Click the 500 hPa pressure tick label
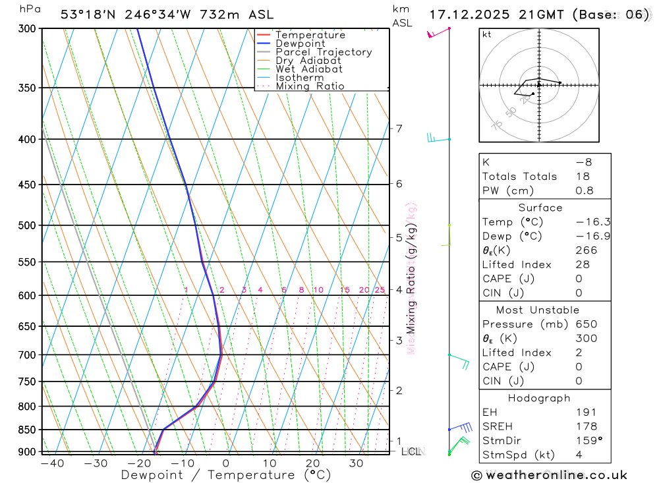click(26, 225)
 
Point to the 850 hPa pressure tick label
click(26, 430)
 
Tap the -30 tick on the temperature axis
click(96, 463)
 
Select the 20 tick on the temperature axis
click(313, 463)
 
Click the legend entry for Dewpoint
click(300, 43)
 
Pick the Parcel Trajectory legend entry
click(324, 52)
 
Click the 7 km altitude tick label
click(399, 128)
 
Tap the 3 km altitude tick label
click(399, 340)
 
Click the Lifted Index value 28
click(583, 265)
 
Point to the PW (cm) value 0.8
click(585, 191)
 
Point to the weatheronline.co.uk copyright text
click(549, 475)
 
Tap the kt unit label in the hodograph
click(487, 35)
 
